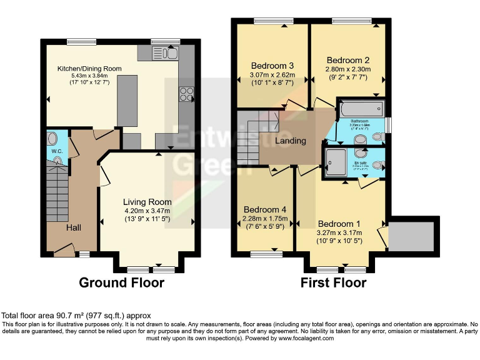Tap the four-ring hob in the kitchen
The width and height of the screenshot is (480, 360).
point(187,94)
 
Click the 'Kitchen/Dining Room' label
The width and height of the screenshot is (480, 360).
point(89,69)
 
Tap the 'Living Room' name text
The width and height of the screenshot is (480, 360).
point(147,201)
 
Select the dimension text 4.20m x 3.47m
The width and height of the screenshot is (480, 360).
point(147,211)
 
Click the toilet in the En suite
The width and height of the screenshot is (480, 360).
point(377,165)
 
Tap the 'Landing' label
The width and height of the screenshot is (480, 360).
point(291,141)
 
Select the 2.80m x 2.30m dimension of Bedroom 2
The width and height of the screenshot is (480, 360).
point(348,69)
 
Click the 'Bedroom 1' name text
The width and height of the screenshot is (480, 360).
point(339,224)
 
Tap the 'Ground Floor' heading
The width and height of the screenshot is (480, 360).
point(121,283)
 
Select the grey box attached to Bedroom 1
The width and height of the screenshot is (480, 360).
point(410,237)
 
